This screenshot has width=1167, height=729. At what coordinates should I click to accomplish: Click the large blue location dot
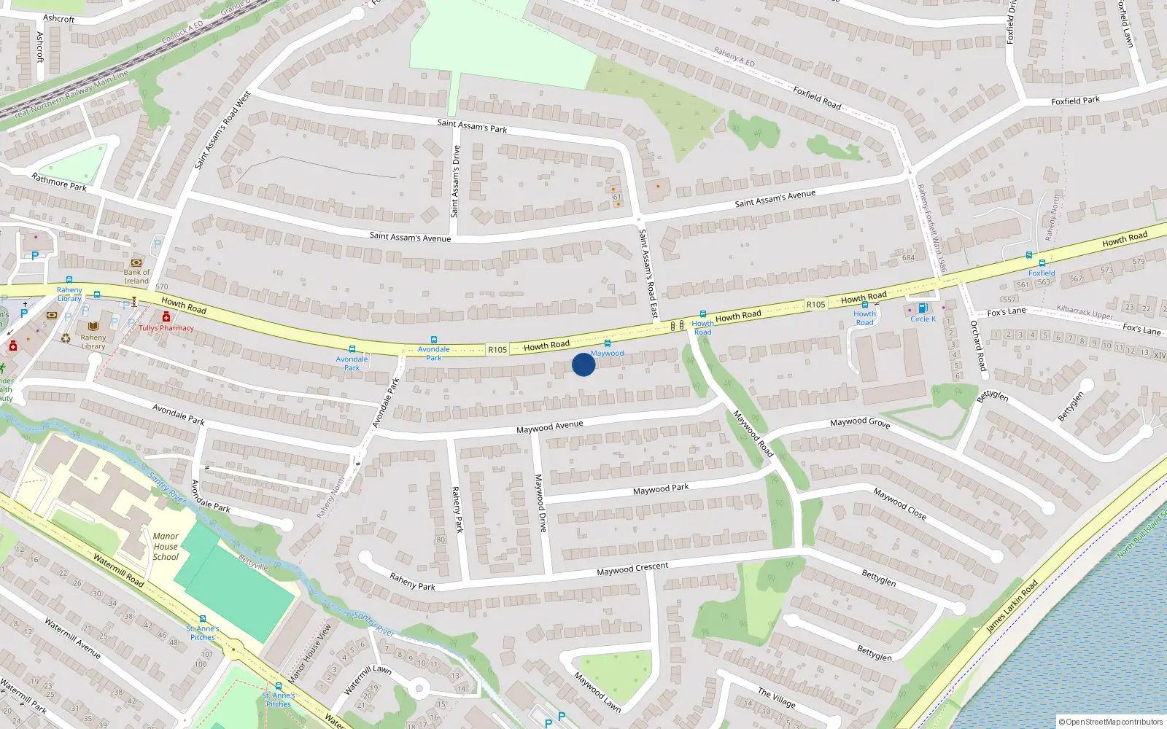[583, 364]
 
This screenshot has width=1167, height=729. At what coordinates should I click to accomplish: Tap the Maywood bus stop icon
[607, 343]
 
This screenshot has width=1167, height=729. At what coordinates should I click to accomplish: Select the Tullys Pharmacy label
[166, 328]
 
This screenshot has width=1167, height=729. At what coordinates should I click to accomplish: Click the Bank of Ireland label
[136, 276]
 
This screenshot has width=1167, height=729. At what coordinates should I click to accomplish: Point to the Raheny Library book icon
[93, 326]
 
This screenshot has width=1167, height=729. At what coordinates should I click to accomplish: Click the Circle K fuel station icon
[923, 308]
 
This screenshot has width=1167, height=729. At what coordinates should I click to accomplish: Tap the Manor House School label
[166, 546]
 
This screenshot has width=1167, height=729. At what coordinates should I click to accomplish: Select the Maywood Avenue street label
[549, 427]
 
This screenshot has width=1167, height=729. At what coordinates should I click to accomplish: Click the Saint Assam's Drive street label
[455, 182]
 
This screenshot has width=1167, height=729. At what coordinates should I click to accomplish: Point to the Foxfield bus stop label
[1042, 273]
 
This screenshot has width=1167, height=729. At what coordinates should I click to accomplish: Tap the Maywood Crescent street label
[632, 569]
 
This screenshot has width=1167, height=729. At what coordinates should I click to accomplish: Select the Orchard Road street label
[978, 346]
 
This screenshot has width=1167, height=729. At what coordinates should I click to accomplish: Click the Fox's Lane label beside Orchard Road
[1006, 312]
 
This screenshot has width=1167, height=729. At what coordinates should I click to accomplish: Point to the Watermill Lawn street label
[368, 679]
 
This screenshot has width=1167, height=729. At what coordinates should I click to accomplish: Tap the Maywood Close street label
[900, 504]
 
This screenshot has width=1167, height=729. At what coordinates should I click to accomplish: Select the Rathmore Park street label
[59, 182]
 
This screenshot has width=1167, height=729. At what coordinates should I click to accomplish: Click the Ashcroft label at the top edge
[59, 18]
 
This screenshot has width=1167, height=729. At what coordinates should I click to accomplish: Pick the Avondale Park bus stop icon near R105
[434, 340]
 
